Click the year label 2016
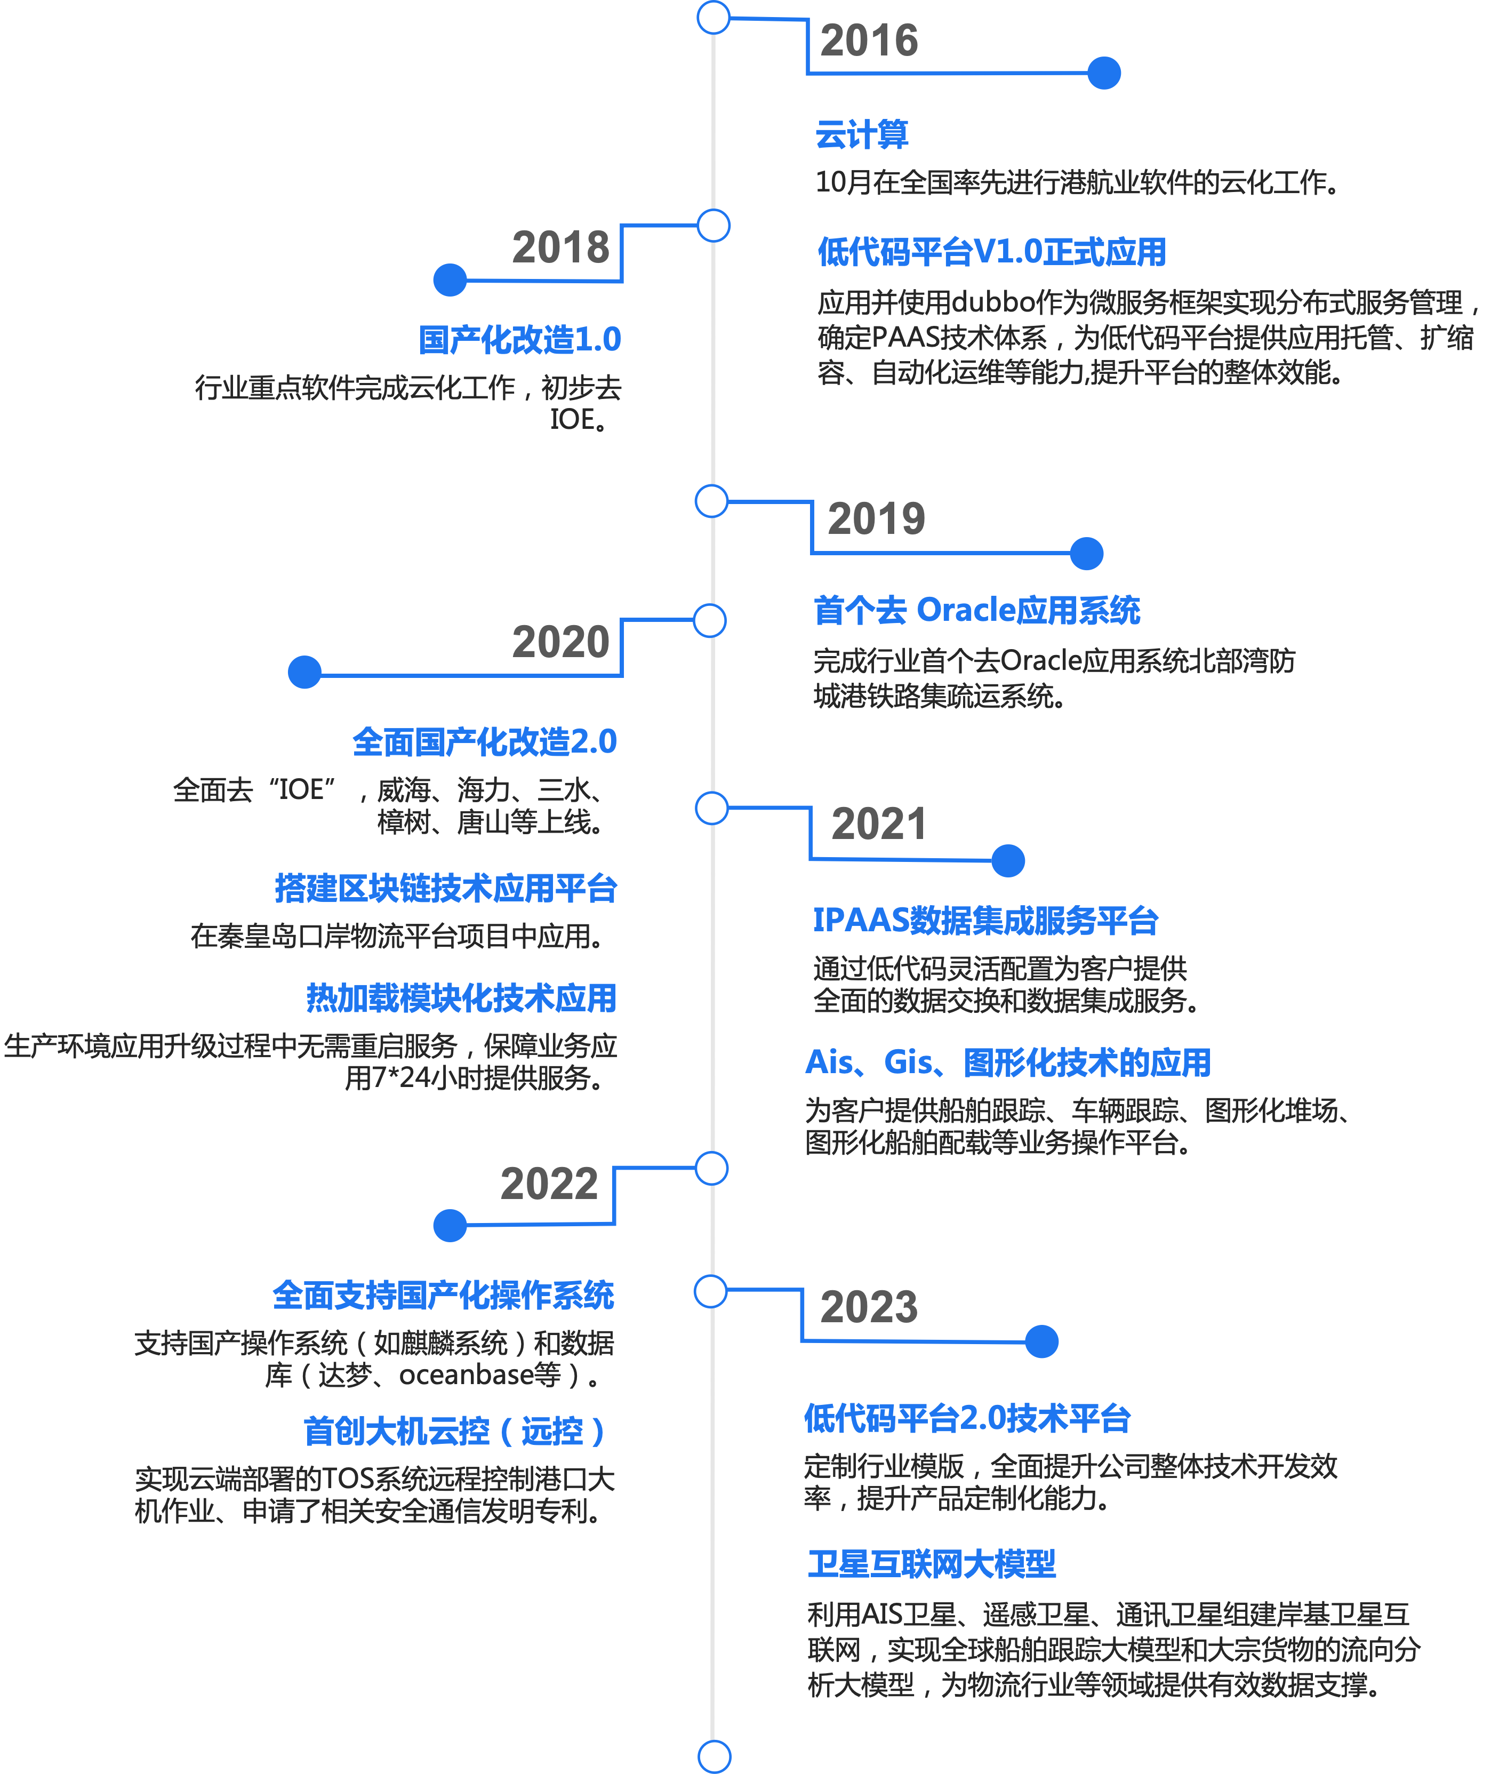pyautogui.click(x=869, y=41)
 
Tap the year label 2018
pyautogui.click(x=561, y=247)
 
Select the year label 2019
pyautogui.click(x=876, y=518)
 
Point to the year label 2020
pyautogui.click(x=561, y=642)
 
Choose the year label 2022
pyautogui.click(x=549, y=1183)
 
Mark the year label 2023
pyautogui.click(x=869, y=1306)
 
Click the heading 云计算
pyautogui.click(x=862, y=135)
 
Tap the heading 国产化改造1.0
pyautogui.click(x=519, y=340)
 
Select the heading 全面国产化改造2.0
pyautogui.click(x=484, y=742)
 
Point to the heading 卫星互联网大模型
pyautogui.click(x=932, y=1564)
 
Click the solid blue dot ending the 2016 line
pyautogui.click(x=1104, y=73)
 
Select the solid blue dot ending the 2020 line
pyautogui.click(x=304, y=673)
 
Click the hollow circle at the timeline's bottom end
pyautogui.click(x=714, y=1756)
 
